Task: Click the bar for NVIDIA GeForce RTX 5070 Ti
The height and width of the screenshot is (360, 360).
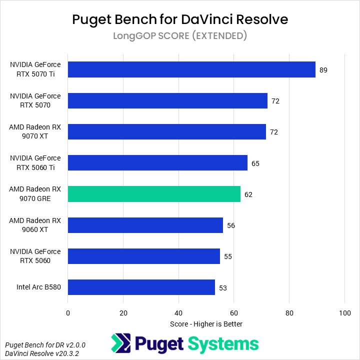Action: pos(191,69)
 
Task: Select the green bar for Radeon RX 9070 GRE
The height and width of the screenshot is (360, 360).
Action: pos(154,194)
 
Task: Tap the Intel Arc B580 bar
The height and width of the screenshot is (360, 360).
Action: pos(141,287)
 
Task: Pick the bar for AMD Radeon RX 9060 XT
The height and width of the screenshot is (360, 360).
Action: pos(145,225)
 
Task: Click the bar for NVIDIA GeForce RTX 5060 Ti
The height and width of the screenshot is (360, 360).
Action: pos(157,163)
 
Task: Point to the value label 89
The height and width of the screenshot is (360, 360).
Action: pos(323,70)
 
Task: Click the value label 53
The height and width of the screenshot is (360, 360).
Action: pos(223,288)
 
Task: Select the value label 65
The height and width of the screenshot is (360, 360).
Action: pos(255,163)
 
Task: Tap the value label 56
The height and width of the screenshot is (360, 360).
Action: pos(231,225)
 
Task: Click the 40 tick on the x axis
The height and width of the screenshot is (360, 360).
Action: pos(178,313)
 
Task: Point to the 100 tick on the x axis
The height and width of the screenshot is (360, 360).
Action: pos(345,313)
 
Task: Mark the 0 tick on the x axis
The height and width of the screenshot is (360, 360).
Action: pos(68,313)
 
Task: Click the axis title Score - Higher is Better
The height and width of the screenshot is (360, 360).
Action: pos(206,324)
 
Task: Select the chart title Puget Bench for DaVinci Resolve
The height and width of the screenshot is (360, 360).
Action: pos(180,19)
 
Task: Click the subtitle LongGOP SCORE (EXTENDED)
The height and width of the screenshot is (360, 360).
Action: pos(180,36)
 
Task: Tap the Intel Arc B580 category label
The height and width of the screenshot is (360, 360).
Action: pos(38,287)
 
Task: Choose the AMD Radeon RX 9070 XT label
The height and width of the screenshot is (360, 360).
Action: pos(35,131)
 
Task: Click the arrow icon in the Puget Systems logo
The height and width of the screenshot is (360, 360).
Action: pos(121,343)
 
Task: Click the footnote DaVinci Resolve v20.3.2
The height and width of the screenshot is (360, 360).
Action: pos(42,353)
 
